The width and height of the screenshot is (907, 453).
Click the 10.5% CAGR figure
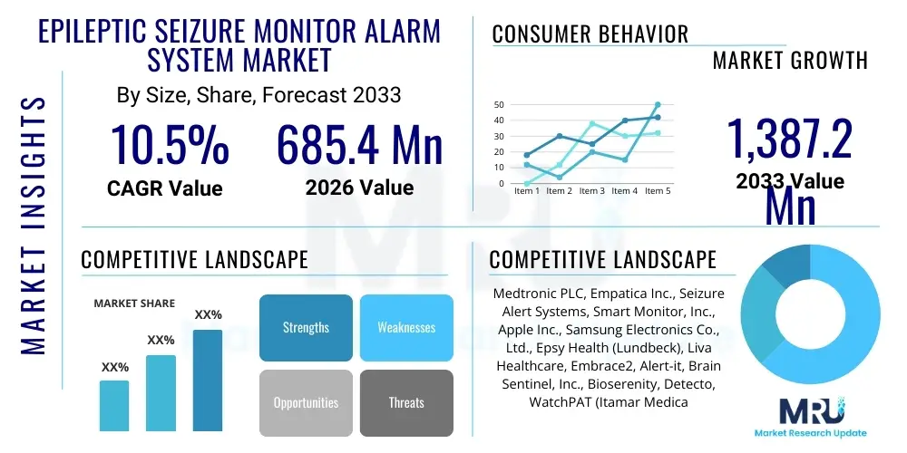(170, 145)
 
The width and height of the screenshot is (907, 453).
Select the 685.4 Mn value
(359, 145)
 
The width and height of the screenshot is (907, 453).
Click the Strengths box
(306, 327)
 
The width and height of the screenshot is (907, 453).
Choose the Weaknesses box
(405, 327)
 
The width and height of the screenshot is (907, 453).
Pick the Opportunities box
(306, 402)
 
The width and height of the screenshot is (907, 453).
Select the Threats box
(405, 402)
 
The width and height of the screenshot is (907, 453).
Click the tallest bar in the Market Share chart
(208, 380)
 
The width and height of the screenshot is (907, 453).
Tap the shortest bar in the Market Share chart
(114, 405)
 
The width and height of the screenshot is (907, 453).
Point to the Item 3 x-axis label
(591, 191)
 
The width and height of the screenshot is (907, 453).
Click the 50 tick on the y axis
(499, 105)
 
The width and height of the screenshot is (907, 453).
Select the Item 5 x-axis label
(656, 191)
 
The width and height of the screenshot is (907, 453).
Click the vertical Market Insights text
(34, 223)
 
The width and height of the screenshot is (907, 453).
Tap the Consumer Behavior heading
(590, 34)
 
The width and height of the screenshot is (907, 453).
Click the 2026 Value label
(359, 188)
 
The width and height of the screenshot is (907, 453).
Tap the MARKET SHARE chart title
(134, 304)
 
